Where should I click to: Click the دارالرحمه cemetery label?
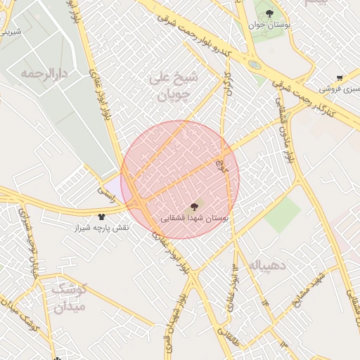tap(48, 73)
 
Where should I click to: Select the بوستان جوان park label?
tap(270, 25)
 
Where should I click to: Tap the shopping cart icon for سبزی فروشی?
tap(340, 78)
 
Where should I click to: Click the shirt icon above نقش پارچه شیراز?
tap(102, 217)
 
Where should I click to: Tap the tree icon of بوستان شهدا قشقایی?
tap(194, 206)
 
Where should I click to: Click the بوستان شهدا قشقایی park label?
tap(195, 218)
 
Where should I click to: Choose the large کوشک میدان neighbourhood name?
tap(68, 296)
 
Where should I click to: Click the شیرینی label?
tap(11, 32)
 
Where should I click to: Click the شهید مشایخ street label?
tap(311, 286)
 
